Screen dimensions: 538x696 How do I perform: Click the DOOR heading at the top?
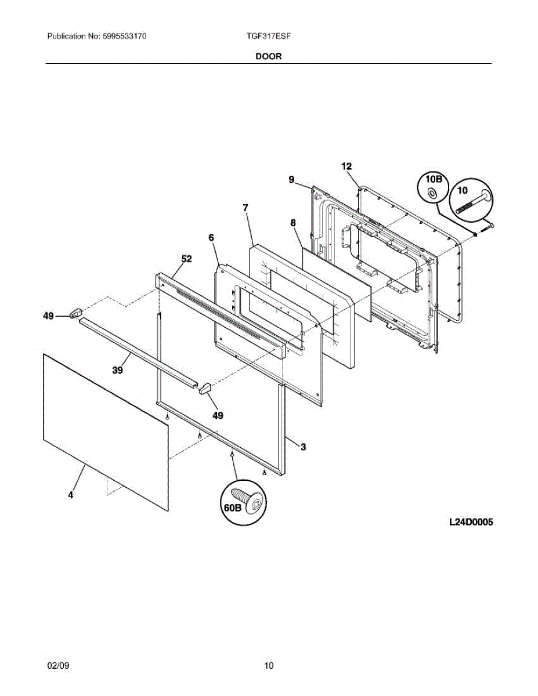269,56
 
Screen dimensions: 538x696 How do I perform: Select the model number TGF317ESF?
268,36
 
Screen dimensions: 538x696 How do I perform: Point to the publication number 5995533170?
124,36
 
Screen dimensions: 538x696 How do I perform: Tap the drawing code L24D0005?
471,523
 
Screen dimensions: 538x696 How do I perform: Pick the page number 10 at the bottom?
269,666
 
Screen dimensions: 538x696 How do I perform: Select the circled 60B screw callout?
232,507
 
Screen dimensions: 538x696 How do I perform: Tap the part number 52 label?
186,259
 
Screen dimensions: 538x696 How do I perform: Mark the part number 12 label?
346,166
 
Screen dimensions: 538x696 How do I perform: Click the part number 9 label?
291,180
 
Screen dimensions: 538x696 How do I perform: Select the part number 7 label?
245,207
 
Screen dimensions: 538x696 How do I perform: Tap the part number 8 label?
293,222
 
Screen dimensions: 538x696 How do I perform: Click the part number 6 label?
211,237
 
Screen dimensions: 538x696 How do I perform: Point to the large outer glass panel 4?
104,429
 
